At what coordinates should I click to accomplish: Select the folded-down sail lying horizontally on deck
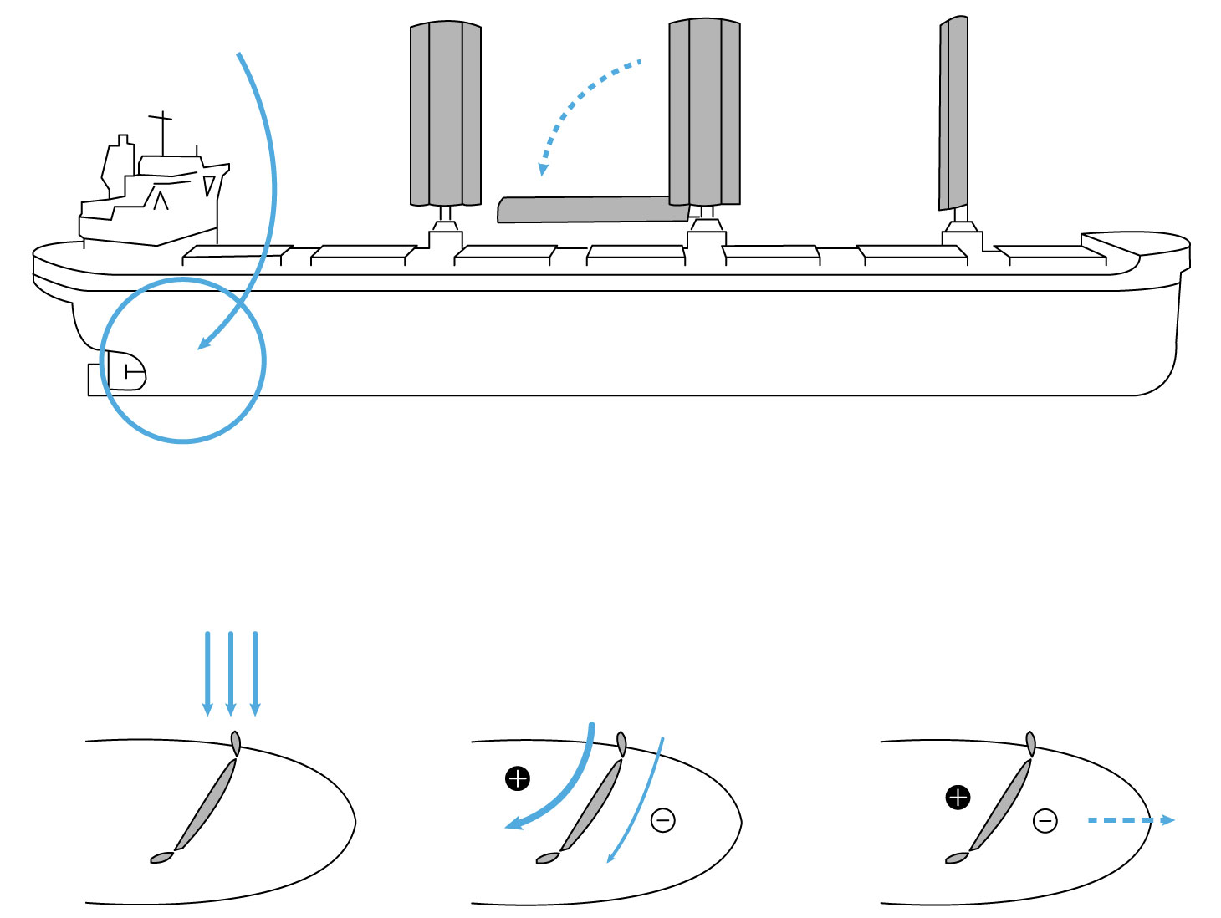coord(590,209)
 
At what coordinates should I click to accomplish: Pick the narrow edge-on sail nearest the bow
coord(954,113)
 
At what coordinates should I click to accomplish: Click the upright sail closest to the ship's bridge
coord(445,113)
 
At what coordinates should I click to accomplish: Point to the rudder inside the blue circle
coord(127,370)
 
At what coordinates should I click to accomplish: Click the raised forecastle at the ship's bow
coord(1135,244)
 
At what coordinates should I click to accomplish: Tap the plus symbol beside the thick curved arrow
coord(518,779)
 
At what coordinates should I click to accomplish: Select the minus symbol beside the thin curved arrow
coord(663,820)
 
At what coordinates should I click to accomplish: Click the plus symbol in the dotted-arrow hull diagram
coord(958,798)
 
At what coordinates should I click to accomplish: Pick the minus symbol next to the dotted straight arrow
coord(1045,821)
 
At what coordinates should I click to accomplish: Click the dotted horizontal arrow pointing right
coord(1129,820)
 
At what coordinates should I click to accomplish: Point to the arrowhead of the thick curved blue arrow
coord(513,826)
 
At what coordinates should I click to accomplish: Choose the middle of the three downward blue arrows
coord(231,673)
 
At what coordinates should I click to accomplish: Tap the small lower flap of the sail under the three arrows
coord(161,858)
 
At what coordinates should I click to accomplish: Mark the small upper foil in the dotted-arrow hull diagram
coord(1030,743)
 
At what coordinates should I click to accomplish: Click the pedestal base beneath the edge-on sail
coord(961,233)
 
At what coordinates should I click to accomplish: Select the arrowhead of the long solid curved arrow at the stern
coord(203,344)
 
